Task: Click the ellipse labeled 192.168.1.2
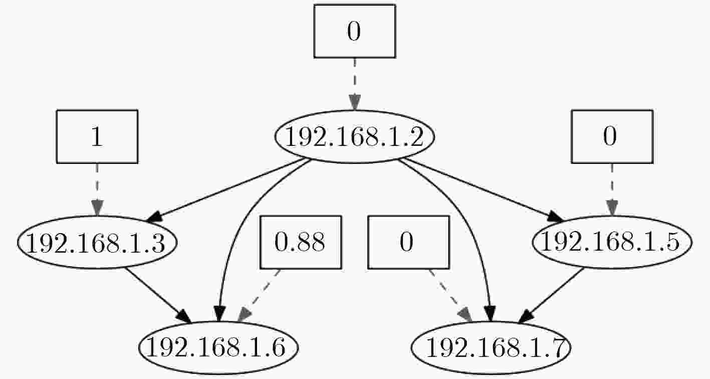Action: coord(354,137)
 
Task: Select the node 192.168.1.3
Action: coord(97,242)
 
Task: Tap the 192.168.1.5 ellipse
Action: coord(612,242)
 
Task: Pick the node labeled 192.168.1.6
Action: coord(218,347)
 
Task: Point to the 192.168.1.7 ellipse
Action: coord(491,347)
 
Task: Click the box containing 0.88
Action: coord(301,242)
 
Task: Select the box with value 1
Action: coord(97,137)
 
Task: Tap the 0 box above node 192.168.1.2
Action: coord(355,31)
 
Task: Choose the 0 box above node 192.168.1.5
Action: coord(612,137)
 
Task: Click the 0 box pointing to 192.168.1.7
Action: coord(408,242)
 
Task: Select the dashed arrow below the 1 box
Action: coord(97,189)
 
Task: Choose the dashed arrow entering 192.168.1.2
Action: coord(355,84)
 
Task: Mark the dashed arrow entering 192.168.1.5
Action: coord(612,189)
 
